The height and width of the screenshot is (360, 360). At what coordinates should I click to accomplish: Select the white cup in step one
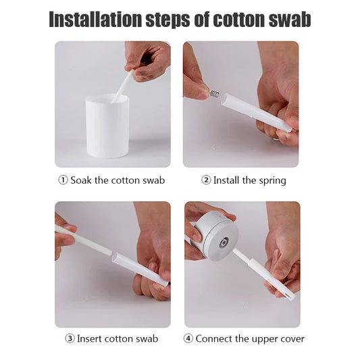pyautogui.click(x=107, y=126)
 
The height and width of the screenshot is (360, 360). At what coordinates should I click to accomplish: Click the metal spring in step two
pyautogui.click(x=214, y=94)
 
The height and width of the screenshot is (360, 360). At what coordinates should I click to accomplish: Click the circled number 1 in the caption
pyautogui.click(x=63, y=180)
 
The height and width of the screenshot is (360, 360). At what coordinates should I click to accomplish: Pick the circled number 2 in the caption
pyautogui.click(x=207, y=180)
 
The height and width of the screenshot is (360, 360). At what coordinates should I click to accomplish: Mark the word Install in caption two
pyautogui.click(x=227, y=180)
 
